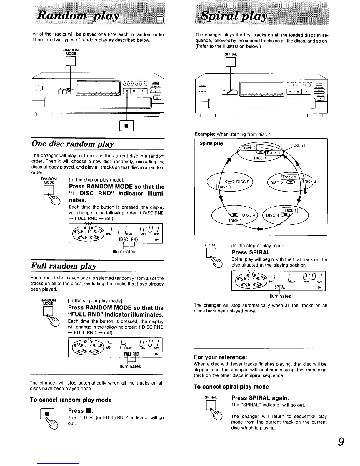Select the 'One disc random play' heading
73,144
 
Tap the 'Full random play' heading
64,266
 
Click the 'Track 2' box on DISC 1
249,148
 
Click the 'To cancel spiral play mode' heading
231,387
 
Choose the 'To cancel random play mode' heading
71,400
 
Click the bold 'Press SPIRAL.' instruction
252,252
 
